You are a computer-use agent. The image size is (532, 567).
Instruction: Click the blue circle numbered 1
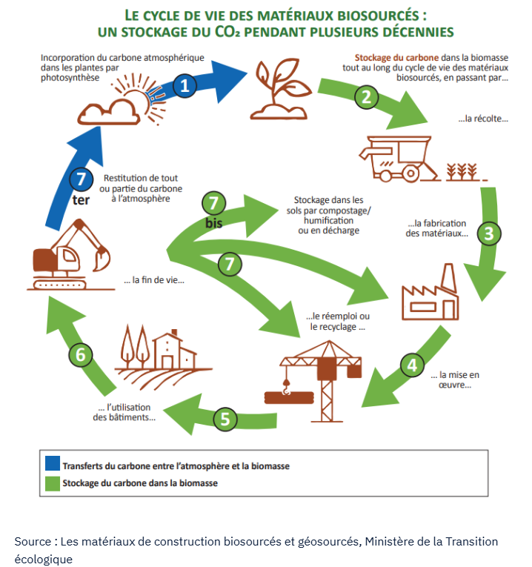click(185, 86)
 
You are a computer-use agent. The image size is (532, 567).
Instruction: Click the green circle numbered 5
click(226, 419)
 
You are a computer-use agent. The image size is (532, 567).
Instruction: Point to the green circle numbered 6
click(81, 354)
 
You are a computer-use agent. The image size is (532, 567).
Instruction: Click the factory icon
click(430, 292)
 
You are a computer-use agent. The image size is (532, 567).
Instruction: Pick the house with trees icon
click(159, 349)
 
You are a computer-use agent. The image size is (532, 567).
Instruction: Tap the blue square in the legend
click(53, 465)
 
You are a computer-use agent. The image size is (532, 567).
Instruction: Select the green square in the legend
click(53, 483)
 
